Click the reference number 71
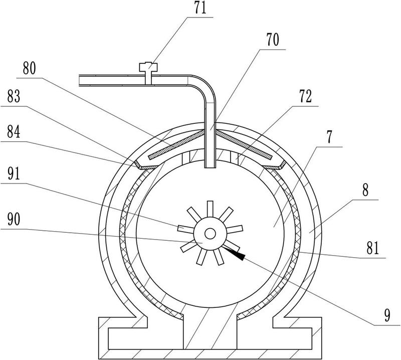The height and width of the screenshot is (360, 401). click(200, 8)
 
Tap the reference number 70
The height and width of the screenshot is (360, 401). click(273, 40)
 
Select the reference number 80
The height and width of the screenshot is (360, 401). click(30, 68)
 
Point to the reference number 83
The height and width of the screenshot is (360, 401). click(14, 96)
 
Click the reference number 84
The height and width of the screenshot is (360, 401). click(14, 132)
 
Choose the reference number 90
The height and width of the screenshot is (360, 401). click(14, 220)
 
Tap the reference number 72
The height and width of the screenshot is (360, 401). click(306, 96)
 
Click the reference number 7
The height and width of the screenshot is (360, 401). click(330, 137)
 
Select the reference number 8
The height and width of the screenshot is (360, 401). click(365, 190)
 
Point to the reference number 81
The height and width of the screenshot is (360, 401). click(372, 249)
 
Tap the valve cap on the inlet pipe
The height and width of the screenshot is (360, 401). click(148, 67)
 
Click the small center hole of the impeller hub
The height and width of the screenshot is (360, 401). click(210, 233)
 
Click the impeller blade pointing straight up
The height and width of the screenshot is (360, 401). click(210, 209)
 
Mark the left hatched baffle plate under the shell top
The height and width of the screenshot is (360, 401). click(176, 145)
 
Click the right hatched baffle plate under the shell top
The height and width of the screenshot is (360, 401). click(244, 145)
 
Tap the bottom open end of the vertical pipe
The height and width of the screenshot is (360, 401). click(210, 167)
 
